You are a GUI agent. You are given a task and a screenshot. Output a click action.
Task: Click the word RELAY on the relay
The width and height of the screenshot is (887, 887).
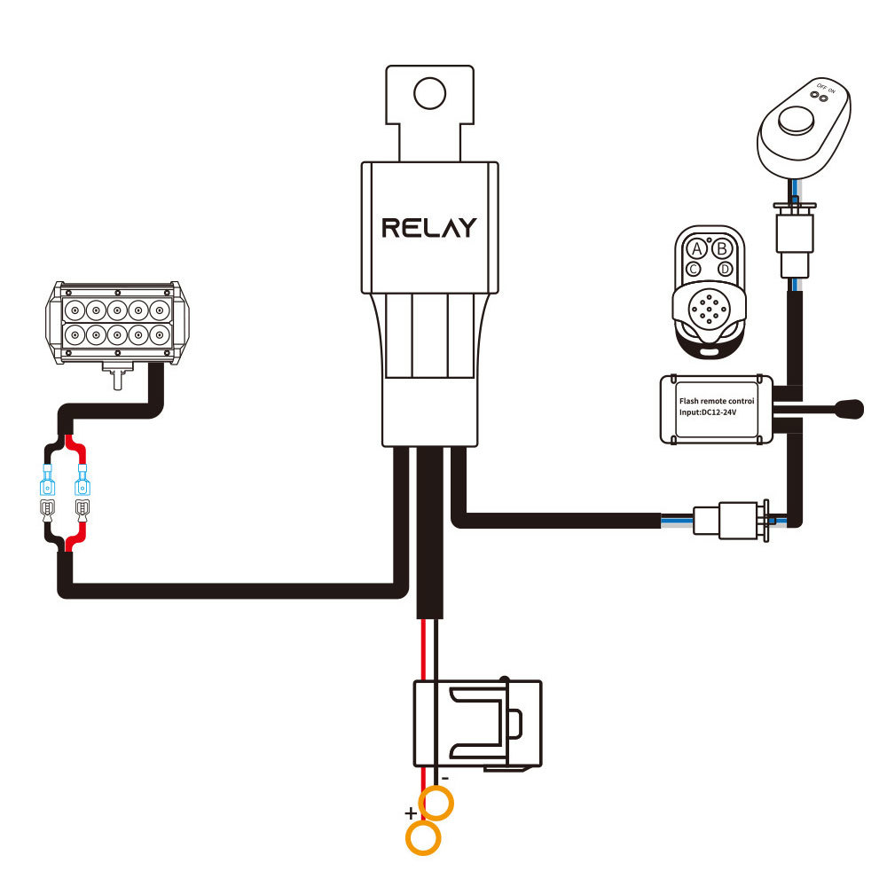pyautogui.click(x=428, y=227)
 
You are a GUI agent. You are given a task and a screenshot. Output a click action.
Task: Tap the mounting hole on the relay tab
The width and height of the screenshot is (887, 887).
pyautogui.click(x=429, y=91)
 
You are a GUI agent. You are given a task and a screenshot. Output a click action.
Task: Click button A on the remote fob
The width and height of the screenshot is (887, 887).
pyautogui.click(x=698, y=247)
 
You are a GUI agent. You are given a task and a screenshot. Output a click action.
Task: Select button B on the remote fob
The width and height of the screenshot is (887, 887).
pyautogui.click(x=722, y=247)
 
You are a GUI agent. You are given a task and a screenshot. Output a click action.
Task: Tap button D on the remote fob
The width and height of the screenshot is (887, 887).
pyautogui.click(x=726, y=268)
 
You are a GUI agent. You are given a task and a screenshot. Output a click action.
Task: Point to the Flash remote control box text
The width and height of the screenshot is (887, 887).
pyautogui.click(x=716, y=401)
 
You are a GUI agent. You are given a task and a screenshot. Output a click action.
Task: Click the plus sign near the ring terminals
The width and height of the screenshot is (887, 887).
pyautogui.click(x=411, y=812)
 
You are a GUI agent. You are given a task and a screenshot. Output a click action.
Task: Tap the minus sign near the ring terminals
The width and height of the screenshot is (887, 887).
pyautogui.click(x=444, y=778)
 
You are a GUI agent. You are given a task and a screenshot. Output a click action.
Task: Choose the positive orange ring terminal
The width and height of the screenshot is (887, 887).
pyautogui.click(x=424, y=837)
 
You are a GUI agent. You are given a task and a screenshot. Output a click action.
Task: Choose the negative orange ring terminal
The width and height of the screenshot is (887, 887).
pyautogui.click(x=436, y=803)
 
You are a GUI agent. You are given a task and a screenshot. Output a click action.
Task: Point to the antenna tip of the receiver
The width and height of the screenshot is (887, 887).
pyautogui.click(x=852, y=409)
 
